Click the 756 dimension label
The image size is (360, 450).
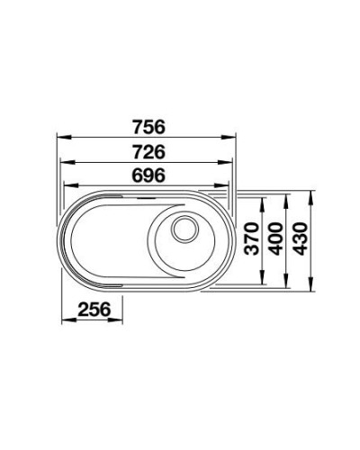point(146,126)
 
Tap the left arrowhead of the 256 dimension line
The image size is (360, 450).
point(63,321)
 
